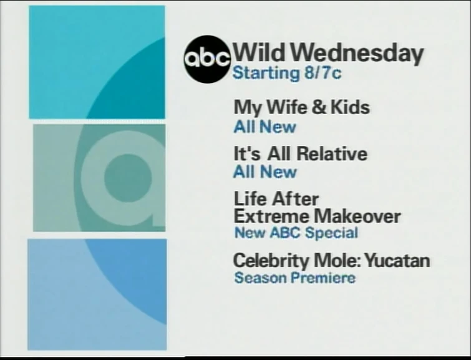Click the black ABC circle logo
(207, 59)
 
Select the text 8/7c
(323, 73)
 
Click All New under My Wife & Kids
(265, 127)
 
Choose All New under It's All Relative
(265, 172)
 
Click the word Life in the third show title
(249, 200)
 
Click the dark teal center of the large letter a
(127, 177)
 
